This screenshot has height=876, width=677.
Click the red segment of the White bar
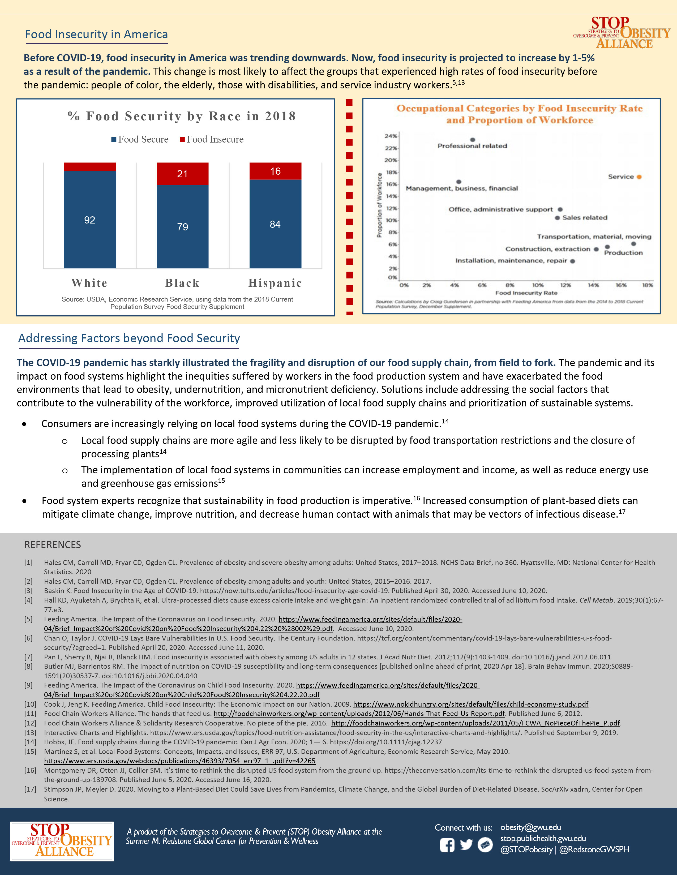click(x=89, y=167)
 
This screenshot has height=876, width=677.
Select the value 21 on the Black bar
click(x=182, y=174)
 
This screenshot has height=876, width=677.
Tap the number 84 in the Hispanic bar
click(x=275, y=224)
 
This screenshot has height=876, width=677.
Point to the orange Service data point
click(x=639, y=177)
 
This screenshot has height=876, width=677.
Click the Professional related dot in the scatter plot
click(x=473, y=140)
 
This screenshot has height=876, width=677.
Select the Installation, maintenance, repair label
click(x=511, y=261)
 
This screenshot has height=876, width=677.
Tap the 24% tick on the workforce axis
click(x=391, y=136)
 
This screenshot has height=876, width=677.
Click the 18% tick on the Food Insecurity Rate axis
click(x=647, y=285)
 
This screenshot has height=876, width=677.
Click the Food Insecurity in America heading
click(x=96, y=35)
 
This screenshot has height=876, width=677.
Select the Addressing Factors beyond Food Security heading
click(x=129, y=338)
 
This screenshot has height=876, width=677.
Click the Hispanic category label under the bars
click(x=275, y=283)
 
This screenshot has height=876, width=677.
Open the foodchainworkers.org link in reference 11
click(x=359, y=714)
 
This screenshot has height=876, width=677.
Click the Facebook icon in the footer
click(x=447, y=845)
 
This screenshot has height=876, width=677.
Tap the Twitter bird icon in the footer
click(x=466, y=845)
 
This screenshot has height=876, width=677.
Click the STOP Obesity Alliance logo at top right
click(x=622, y=33)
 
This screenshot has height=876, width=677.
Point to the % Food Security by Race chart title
click(x=182, y=116)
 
